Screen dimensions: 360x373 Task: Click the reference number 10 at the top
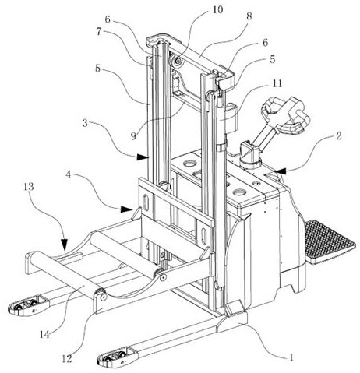pos(217,9)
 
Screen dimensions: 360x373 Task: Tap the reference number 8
pos(249,16)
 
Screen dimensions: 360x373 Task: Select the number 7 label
pos(98,32)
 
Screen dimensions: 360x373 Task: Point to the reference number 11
pos(277,83)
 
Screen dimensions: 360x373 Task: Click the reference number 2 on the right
pos(339,135)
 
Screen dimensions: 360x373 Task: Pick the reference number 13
pos(29,187)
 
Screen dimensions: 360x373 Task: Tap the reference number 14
pos(44,335)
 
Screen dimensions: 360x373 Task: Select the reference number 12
pos(66,359)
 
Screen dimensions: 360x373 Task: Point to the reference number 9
pos(133,135)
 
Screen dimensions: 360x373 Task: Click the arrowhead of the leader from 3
pos(143,157)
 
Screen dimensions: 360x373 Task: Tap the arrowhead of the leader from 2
pos(281,171)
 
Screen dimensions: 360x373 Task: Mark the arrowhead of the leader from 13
pos(64,245)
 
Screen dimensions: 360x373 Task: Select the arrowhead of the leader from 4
pos(126,209)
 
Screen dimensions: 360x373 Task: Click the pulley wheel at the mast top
pos(178,62)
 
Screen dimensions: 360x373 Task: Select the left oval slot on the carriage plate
pos(146,202)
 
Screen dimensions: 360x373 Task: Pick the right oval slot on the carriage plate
pos(204,236)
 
